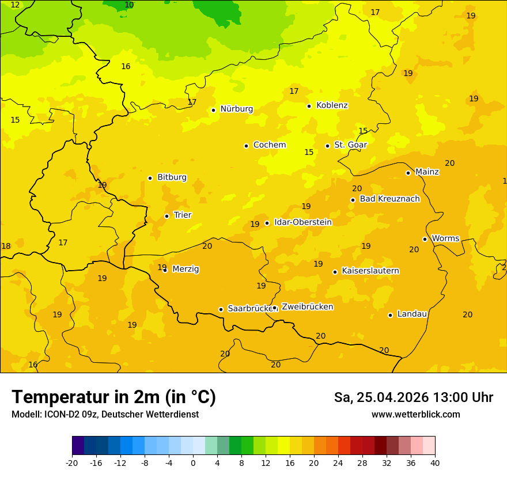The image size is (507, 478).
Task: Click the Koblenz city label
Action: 332,105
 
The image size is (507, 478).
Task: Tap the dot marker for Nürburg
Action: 213,110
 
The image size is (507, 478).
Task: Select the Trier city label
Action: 183,215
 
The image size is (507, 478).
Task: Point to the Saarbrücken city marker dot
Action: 221,309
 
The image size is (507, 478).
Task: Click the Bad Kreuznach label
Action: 389,199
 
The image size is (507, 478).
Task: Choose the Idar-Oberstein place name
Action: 302,222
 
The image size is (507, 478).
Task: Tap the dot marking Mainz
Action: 408,173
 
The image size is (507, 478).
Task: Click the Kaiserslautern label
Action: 370,271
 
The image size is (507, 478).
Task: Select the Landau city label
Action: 412,314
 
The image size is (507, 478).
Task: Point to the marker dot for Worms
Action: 425,239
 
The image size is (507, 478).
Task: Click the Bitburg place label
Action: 172,177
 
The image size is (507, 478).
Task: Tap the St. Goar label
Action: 350,145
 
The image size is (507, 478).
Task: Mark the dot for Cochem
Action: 246,146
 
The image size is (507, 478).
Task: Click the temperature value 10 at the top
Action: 129,5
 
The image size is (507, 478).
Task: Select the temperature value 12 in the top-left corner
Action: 15,5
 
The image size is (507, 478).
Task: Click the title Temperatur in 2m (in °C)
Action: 113,397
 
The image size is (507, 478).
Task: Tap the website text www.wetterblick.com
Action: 415,415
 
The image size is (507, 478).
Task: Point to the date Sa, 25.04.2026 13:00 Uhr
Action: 413,397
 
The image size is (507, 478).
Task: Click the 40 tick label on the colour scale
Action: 435,462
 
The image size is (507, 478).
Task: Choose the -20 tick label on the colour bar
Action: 72,462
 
